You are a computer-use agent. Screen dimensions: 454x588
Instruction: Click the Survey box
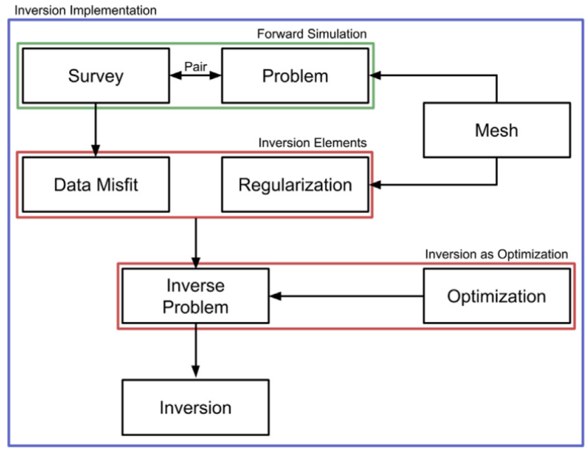pyautogui.click(x=96, y=75)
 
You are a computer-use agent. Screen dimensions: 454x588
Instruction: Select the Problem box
pyautogui.click(x=295, y=75)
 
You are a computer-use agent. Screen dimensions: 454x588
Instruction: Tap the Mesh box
pyautogui.click(x=497, y=130)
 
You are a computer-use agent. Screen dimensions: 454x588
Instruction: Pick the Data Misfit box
pyautogui.click(x=96, y=184)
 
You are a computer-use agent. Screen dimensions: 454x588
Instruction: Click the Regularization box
pyautogui.click(x=295, y=184)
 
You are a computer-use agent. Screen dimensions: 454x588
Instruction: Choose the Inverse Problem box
pyautogui.click(x=196, y=296)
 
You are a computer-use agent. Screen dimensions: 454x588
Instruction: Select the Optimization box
pyautogui.click(x=497, y=296)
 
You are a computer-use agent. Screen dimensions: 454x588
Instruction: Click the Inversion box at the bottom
pyautogui.click(x=196, y=407)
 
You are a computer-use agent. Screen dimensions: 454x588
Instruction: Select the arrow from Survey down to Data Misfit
pyautogui.click(x=96, y=129)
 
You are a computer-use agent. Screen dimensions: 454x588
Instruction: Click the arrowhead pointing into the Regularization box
pyautogui.click(x=374, y=184)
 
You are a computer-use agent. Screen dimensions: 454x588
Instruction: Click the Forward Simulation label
pyautogui.click(x=311, y=34)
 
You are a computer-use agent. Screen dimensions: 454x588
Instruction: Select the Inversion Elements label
pyautogui.click(x=312, y=143)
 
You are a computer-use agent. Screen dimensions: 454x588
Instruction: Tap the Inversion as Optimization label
pyautogui.click(x=497, y=254)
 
